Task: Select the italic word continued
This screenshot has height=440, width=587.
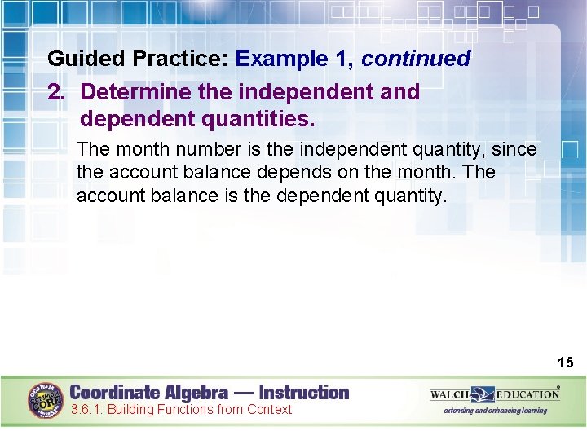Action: click(x=416, y=59)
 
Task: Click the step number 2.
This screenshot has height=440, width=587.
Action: click(x=55, y=92)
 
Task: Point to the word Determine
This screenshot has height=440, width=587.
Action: click(x=136, y=92)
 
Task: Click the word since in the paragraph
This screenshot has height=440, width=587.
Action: click(x=514, y=150)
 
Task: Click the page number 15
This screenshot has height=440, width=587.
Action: click(x=565, y=363)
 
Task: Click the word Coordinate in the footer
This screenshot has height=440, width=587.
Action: click(x=114, y=393)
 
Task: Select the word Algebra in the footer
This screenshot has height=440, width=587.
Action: click(x=196, y=393)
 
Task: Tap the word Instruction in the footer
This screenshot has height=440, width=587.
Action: click(x=303, y=393)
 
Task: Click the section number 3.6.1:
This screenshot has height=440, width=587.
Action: click(x=87, y=410)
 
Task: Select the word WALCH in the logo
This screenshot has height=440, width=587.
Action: click(x=450, y=395)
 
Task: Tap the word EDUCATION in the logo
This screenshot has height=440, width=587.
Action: click(x=527, y=395)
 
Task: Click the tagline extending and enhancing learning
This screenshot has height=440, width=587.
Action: click(x=495, y=411)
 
